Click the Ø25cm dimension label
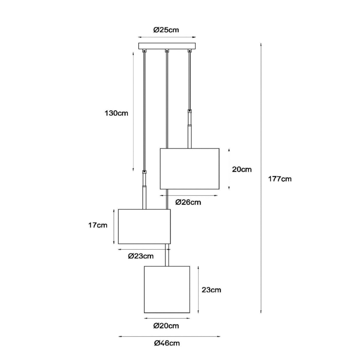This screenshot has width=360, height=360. pos(166,30)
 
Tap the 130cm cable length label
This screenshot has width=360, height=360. pos(117,113)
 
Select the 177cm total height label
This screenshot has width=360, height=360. pos(280,179)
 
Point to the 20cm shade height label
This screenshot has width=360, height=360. pos(242,170)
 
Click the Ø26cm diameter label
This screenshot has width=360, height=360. pos(188,202)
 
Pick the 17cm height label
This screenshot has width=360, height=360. pos(98,225)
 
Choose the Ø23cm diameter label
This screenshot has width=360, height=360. pos(141,256)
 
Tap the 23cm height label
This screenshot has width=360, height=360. pos(212,290)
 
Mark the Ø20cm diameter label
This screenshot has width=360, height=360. pos(166,326)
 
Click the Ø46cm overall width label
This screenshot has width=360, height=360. pos(167,343)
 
